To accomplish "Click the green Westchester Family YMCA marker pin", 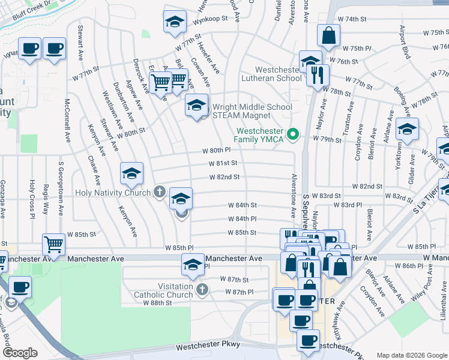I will (x=293, y=134).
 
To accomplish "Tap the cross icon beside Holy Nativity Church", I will (x=158, y=192).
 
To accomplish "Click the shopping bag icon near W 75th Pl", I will (x=329, y=37).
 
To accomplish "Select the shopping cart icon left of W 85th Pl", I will (x=54, y=245).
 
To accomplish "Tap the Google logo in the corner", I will (x=20, y=353).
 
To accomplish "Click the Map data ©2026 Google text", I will (x=411, y=355).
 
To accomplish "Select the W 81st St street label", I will (x=223, y=163).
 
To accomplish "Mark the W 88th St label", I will (x=153, y=303).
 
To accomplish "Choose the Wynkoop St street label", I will (x=210, y=19).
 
